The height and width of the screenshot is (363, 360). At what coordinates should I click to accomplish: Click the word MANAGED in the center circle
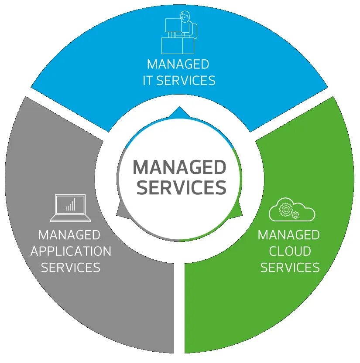pyautogui.click(x=179, y=167)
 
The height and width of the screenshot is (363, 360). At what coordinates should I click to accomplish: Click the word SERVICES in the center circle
pyautogui.click(x=182, y=187)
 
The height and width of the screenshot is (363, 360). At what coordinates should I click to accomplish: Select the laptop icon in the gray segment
pyautogui.click(x=70, y=207)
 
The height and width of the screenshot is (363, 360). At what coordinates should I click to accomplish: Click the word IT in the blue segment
pyautogui.click(x=147, y=81)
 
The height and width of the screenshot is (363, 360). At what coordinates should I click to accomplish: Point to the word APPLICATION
pyautogui.click(x=71, y=251)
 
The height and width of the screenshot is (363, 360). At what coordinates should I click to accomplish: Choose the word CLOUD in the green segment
pyautogui.click(x=290, y=251)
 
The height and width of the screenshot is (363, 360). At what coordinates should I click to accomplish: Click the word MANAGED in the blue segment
pyautogui.click(x=178, y=64)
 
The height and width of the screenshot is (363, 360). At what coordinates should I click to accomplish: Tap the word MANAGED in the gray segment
pyautogui.click(x=69, y=235)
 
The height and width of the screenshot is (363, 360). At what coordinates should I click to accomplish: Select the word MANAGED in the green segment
pyautogui.click(x=289, y=235)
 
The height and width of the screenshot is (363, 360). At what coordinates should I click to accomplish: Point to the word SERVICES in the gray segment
pyautogui.click(x=71, y=267)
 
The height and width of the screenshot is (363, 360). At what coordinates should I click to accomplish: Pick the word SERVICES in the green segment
pyautogui.click(x=290, y=267)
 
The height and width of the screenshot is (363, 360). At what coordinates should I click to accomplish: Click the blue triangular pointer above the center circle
pyautogui.click(x=180, y=112)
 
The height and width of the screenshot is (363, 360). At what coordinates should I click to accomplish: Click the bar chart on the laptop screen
pyautogui.click(x=70, y=204)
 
